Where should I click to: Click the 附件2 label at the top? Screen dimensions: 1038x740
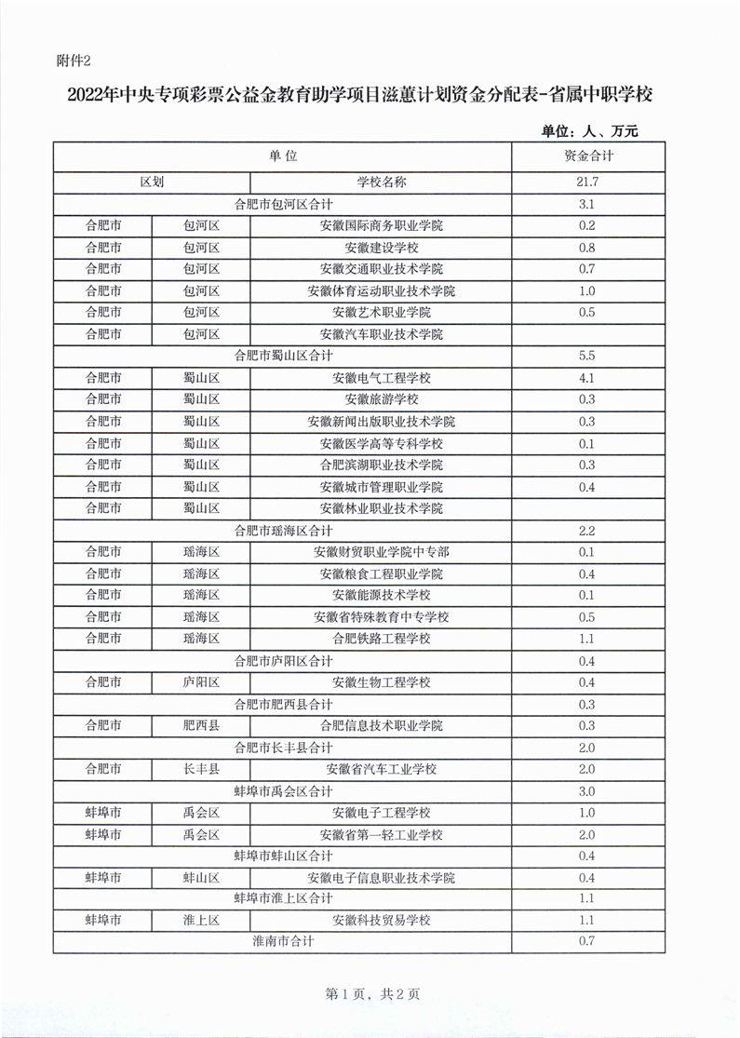click(74, 61)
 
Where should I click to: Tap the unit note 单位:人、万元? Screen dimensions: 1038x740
click(589, 131)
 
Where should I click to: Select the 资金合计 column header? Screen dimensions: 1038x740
click(587, 155)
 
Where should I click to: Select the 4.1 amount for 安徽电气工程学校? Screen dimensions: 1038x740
click(587, 378)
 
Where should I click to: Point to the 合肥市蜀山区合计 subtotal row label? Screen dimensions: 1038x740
click(283, 356)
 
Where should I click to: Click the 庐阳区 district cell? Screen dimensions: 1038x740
click(201, 682)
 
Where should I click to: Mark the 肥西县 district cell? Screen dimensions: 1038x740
click(201, 725)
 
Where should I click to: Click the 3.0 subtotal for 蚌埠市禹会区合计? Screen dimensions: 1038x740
click(587, 791)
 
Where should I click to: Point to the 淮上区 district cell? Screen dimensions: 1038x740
click(201, 921)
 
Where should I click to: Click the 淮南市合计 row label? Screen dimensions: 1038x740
click(283, 941)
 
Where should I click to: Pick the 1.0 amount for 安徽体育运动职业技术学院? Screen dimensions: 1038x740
click(587, 290)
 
